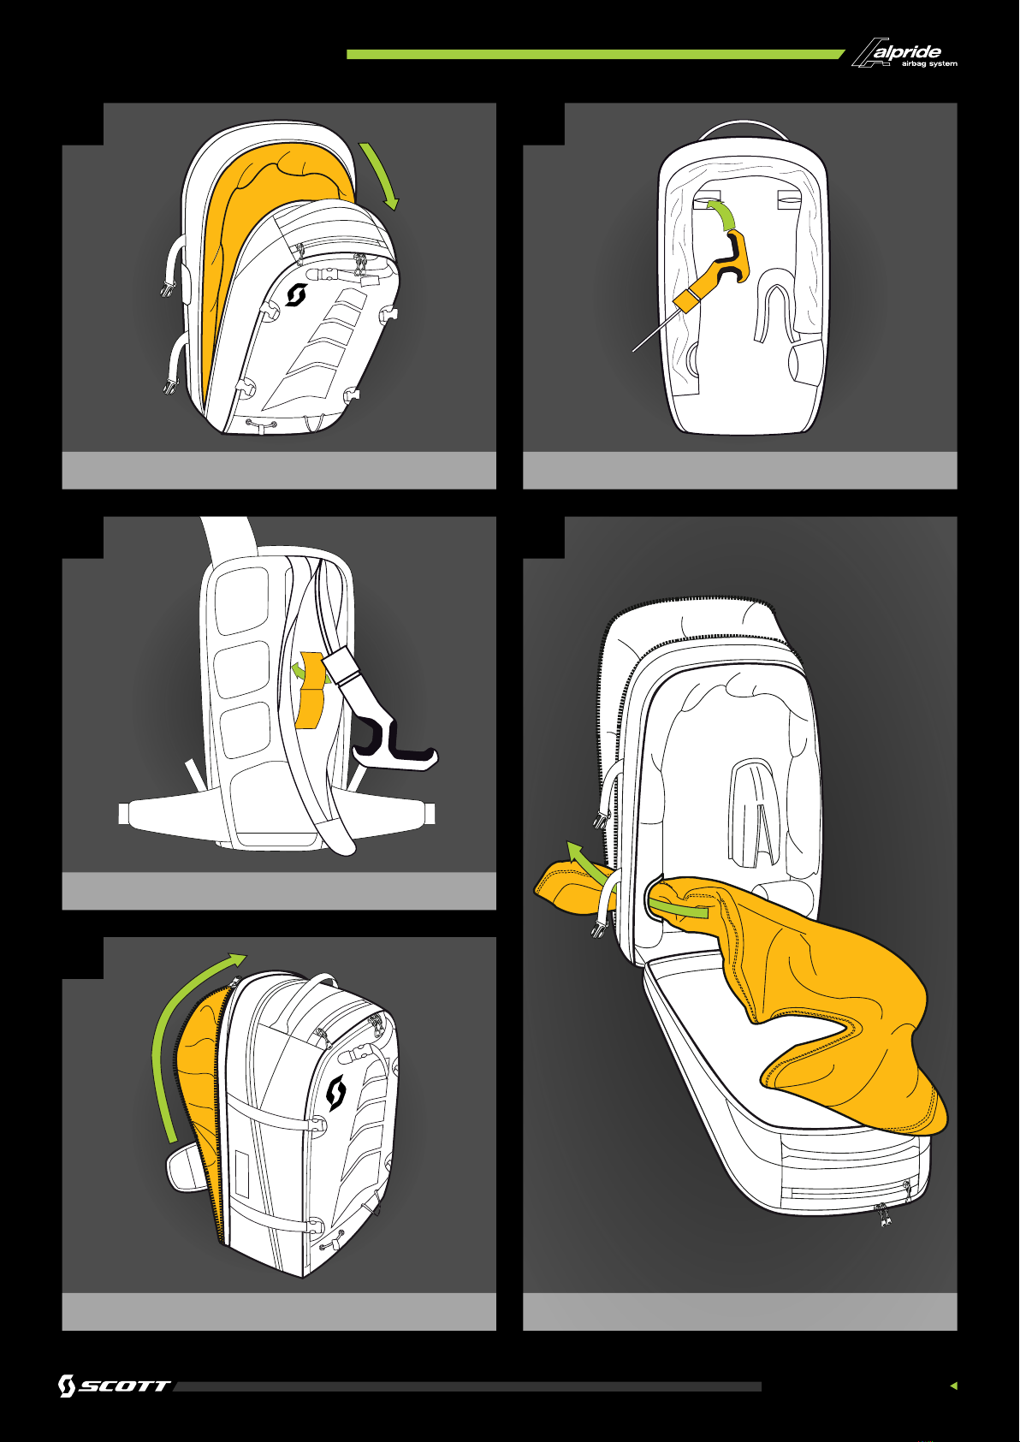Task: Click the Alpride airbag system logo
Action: click(904, 53)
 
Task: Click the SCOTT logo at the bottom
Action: click(114, 1386)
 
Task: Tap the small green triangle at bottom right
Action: click(954, 1386)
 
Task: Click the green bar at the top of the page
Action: click(596, 55)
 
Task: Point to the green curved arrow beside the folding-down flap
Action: click(380, 175)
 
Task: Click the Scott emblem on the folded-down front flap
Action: click(295, 295)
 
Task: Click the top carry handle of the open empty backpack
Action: click(743, 128)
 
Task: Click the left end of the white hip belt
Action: click(124, 814)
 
